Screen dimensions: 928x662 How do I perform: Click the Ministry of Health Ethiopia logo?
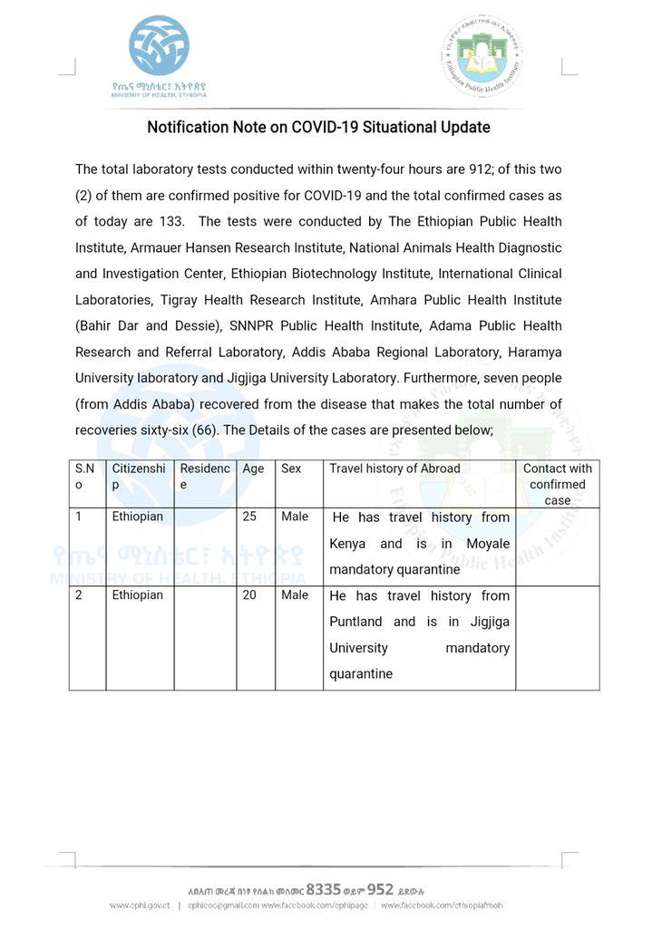(159, 55)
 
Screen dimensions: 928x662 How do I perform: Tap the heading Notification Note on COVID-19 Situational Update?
(318, 128)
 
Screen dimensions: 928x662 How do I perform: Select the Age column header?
(253, 469)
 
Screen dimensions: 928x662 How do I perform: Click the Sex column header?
(291, 469)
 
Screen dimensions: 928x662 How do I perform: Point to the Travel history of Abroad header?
(394, 469)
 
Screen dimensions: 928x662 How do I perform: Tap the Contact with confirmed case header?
(557, 484)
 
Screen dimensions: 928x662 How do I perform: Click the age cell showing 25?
(249, 517)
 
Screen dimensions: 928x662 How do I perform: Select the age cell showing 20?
(250, 595)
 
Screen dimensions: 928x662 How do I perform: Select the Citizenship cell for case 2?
(138, 595)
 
